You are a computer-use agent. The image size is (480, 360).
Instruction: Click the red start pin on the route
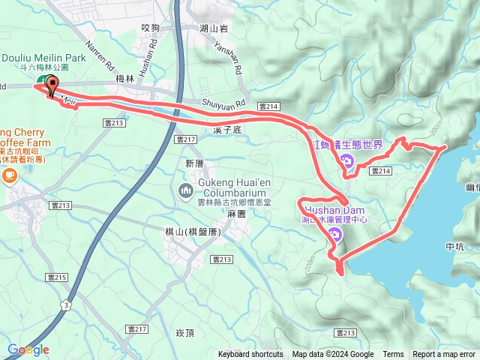pyautogui.click(x=52, y=85)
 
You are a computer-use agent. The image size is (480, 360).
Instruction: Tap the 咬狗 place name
pyautogui.click(x=151, y=28)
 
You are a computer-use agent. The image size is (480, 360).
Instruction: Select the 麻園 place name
pyautogui.click(x=238, y=213)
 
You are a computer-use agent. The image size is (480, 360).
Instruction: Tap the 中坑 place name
pyautogui.click(x=455, y=246)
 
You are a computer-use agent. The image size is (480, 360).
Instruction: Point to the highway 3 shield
pyautogui.click(x=67, y=283)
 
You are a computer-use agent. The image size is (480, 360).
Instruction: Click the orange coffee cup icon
pyautogui.click(x=9, y=176)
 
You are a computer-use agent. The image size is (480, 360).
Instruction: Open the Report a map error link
pyautogui.click(x=443, y=355)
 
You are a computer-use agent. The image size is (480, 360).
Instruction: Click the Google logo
pyautogui.click(x=28, y=349)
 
